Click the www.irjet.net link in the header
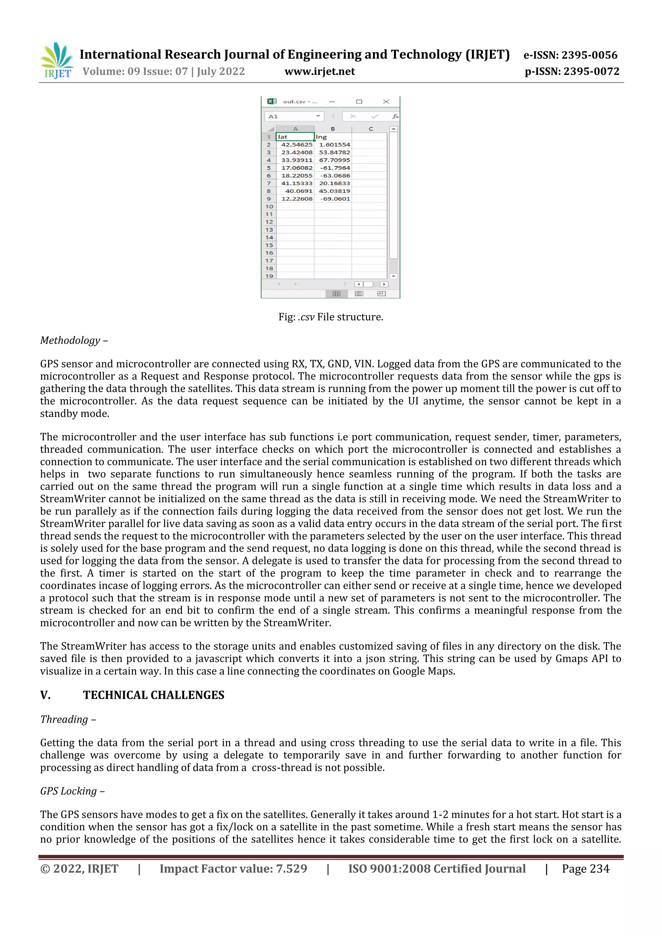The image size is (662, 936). [x=320, y=72]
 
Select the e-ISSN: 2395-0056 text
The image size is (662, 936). [x=570, y=55]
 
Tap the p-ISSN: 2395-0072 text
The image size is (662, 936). [x=572, y=72]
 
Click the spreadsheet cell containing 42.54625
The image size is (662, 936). [x=296, y=145]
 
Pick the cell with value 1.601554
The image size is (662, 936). [x=334, y=145]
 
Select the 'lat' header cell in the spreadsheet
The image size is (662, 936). [x=294, y=137]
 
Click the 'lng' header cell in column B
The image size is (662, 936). [x=332, y=137]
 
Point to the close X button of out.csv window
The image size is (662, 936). [x=386, y=101]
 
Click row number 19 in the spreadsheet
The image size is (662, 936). [x=269, y=276]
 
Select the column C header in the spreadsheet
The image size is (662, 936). [x=370, y=129]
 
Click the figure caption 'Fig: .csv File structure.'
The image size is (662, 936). [x=331, y=317]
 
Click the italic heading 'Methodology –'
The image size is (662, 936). [x=74, y=340]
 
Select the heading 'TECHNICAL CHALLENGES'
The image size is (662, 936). [x=154, y=695]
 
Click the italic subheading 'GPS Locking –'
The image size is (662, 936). [x=72, y=791]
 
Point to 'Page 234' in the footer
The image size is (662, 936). [x=585, y=869]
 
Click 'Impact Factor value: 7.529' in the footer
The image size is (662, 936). [x=233, y=869]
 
